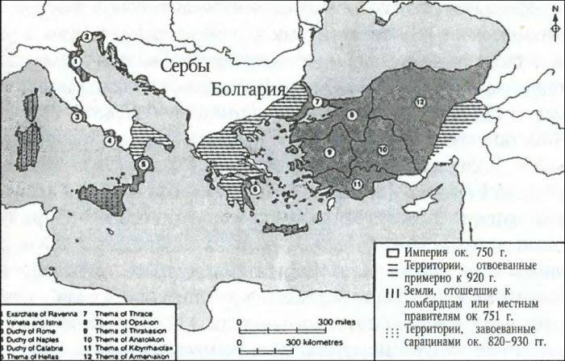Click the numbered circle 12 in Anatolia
click(421, 102)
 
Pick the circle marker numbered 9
click(329, 152)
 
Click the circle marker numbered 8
click(352, 115)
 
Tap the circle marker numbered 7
click(317, 102)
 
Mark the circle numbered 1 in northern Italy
click(75, 60)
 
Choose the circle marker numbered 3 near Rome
click(76, 116)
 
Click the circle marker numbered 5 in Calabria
click(144, 164)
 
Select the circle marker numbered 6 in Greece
click(255, 189)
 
